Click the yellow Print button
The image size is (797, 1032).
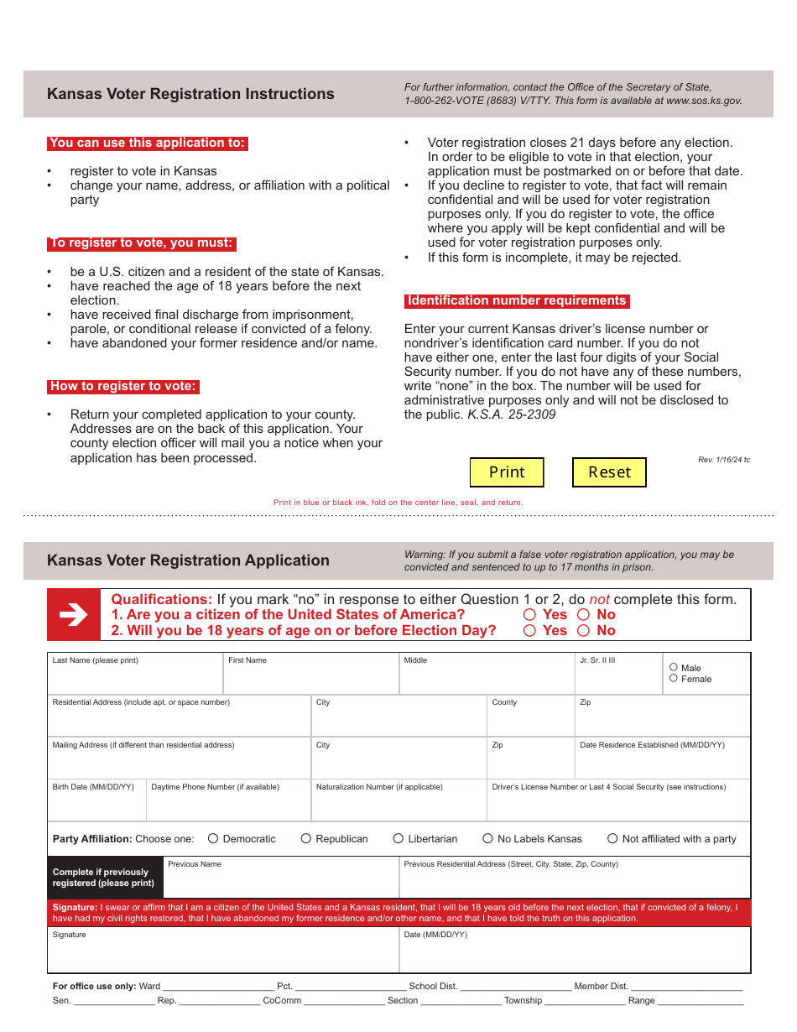[x=507, y=472]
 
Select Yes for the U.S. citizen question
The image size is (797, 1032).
[x=529, y=615]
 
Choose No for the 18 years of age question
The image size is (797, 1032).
[x=583, y=631]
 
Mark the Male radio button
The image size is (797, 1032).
[x=674, y=668]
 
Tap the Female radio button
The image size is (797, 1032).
[x=674, y=679]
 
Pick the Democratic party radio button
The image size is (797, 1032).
[x=213, y=838]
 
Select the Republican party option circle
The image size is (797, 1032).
[x=306, y=838]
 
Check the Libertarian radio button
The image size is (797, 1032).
[x=398, y=838]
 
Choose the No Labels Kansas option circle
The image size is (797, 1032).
[x=488, y=838]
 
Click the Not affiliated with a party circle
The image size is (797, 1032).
[x=612, y=838]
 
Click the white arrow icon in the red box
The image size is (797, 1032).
[x=74, y=615]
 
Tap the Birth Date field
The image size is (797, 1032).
[x=96, y=805]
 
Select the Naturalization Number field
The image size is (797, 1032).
[x=398, y=805]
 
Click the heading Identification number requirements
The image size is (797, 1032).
[x=517, y=301]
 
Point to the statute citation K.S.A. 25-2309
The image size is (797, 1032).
[x=512, y=414]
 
